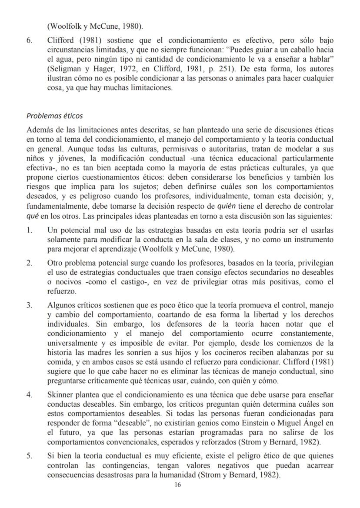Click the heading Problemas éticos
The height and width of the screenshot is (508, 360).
[54, 116]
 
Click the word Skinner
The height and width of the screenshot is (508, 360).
[59, 394]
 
